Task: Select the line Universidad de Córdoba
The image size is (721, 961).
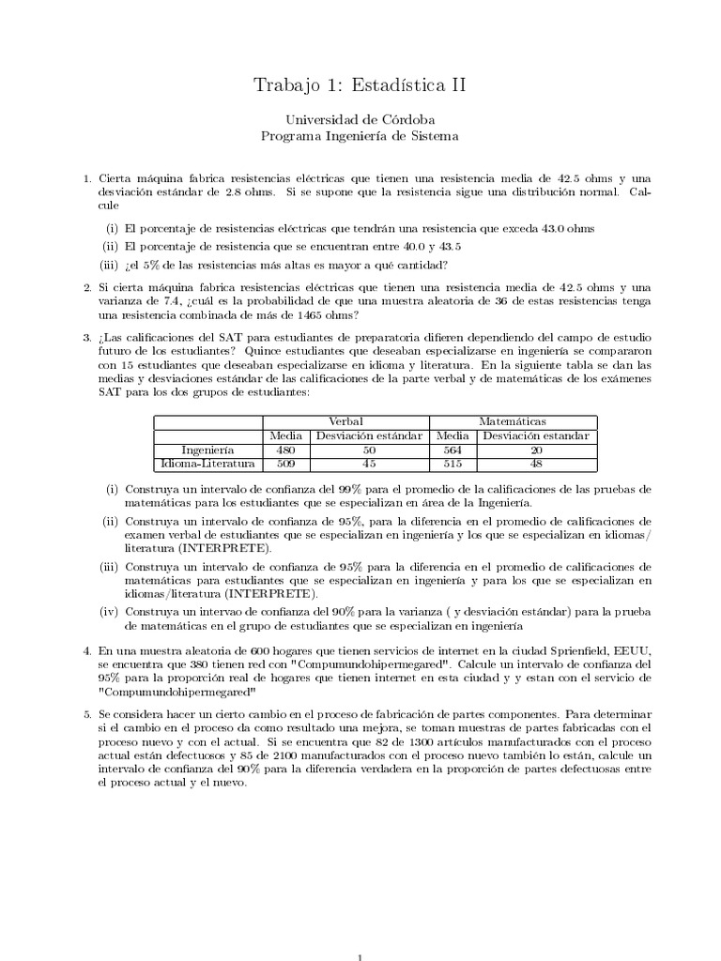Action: pyautogui.click(x=360, y=119)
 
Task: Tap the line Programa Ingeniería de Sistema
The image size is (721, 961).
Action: pyautogui.click(x=360, y=136)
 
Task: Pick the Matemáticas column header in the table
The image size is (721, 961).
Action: pyautogui.click(x=513, y=422)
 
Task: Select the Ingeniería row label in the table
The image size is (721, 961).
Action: pyautogui.click(x=207, y=449)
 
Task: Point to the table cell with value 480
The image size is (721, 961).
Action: pyautogui.click(x=284, y=449)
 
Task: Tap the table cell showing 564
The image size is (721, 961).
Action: pyautogui.click(x=453, y=449)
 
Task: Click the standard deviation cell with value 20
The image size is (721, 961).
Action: pyautogui.click(x=536, y=449)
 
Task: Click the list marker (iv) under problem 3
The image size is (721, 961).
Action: pyautogui.click(x=112, y=612)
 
